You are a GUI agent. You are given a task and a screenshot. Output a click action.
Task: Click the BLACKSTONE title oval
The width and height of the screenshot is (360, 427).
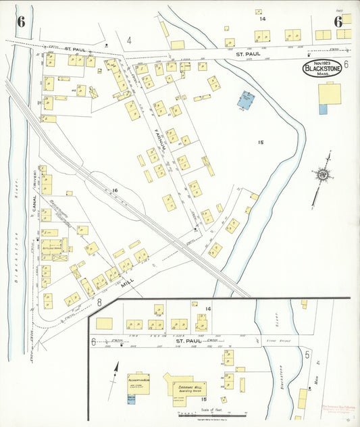pyautogui.click(x=321, y=69)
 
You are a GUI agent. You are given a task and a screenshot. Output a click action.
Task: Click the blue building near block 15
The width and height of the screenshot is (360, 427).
pyautogui.click(x=245, y=101)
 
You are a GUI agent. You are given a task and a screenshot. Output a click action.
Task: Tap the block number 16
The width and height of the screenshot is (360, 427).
pyautogui.click(x=115, y=191)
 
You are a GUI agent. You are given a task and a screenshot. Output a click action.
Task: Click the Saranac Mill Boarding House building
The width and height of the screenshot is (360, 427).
pyautogui.click(x=188, y=388)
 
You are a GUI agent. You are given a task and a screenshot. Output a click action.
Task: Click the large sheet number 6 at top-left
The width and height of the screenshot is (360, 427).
pyautogui.click(x=21, y=21)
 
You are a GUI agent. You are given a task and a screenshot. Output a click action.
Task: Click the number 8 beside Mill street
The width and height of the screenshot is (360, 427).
pyautogui.click(x=99, y=302)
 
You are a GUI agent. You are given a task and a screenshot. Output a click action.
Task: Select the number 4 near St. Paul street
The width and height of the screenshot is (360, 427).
pyautogui.click(x=128, y=41)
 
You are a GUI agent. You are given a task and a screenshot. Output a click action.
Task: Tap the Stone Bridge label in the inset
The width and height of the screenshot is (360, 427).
pyautogui.click(x=274, y=342)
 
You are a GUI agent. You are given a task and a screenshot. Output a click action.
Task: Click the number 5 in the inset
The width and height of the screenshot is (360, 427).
pyautogui.click(x=307, y=353)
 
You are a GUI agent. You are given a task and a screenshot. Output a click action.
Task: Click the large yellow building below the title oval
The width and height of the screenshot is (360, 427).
pyautogui.click(x=329, y=93)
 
